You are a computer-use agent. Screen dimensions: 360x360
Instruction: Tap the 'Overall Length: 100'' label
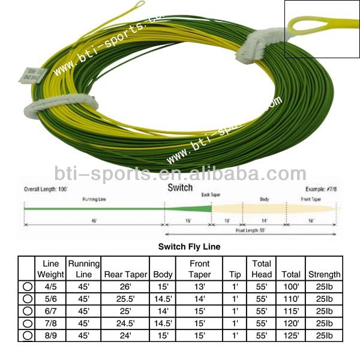(46, 188)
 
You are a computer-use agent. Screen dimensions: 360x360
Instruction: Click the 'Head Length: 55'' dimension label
(251, 230)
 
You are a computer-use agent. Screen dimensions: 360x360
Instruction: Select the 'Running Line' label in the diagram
(94, 199)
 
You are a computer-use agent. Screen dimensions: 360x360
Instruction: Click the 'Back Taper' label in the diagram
(210, 195)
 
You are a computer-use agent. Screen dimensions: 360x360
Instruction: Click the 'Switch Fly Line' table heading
(189, 247)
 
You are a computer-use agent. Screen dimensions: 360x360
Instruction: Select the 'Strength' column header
(324, 274)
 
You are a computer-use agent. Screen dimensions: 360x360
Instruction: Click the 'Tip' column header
(235, 274)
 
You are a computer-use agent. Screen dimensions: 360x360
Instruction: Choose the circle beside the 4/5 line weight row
(27, 286)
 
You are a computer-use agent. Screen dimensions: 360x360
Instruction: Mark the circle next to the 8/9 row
(27, 335)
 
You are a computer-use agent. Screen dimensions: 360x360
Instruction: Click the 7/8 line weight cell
(50, 323)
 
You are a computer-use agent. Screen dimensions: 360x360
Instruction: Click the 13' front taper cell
(199, 286)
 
